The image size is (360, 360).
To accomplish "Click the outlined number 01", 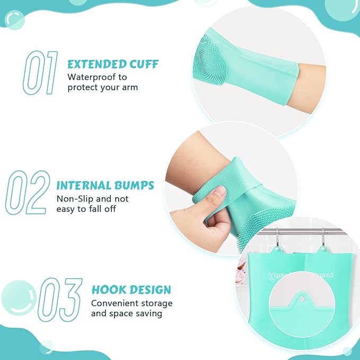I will (40, 72).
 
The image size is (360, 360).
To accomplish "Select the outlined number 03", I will (60, 300).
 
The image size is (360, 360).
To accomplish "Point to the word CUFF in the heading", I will (143, 64).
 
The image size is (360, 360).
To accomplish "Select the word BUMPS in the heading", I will (135, 186).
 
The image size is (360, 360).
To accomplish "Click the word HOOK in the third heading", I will (108, 290).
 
